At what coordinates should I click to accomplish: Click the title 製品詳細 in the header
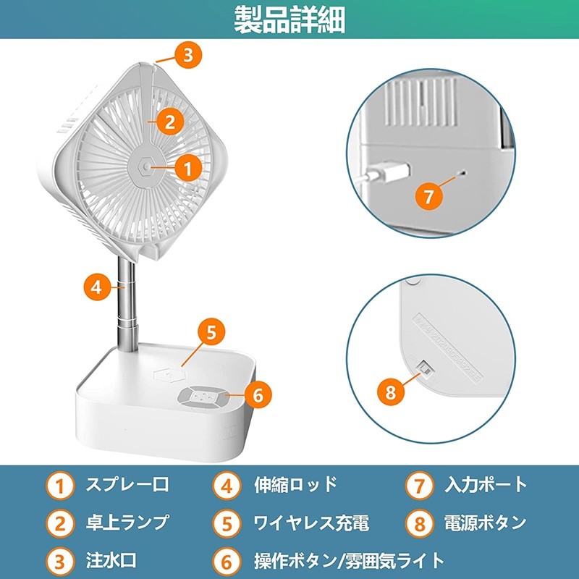(289, 20)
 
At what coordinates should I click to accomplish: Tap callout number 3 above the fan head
(188, 56)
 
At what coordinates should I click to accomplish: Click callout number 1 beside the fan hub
(188, 169)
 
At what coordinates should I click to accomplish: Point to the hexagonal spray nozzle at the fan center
(147, 167)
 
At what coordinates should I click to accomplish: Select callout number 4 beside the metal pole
(97, 287)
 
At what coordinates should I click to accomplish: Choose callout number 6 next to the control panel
(258, 394)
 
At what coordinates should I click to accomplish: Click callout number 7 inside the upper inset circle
(429, 196)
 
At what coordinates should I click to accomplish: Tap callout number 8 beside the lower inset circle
(391, 392)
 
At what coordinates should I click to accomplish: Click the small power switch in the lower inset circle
(424, 368)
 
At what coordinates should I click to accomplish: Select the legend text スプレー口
(127, 484)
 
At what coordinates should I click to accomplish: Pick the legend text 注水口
(111, 559)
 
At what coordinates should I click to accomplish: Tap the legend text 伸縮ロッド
(296, 484)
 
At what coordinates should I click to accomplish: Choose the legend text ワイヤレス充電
(311, 522)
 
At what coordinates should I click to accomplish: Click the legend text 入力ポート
(486, 484)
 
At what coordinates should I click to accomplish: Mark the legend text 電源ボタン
(485, 522)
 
